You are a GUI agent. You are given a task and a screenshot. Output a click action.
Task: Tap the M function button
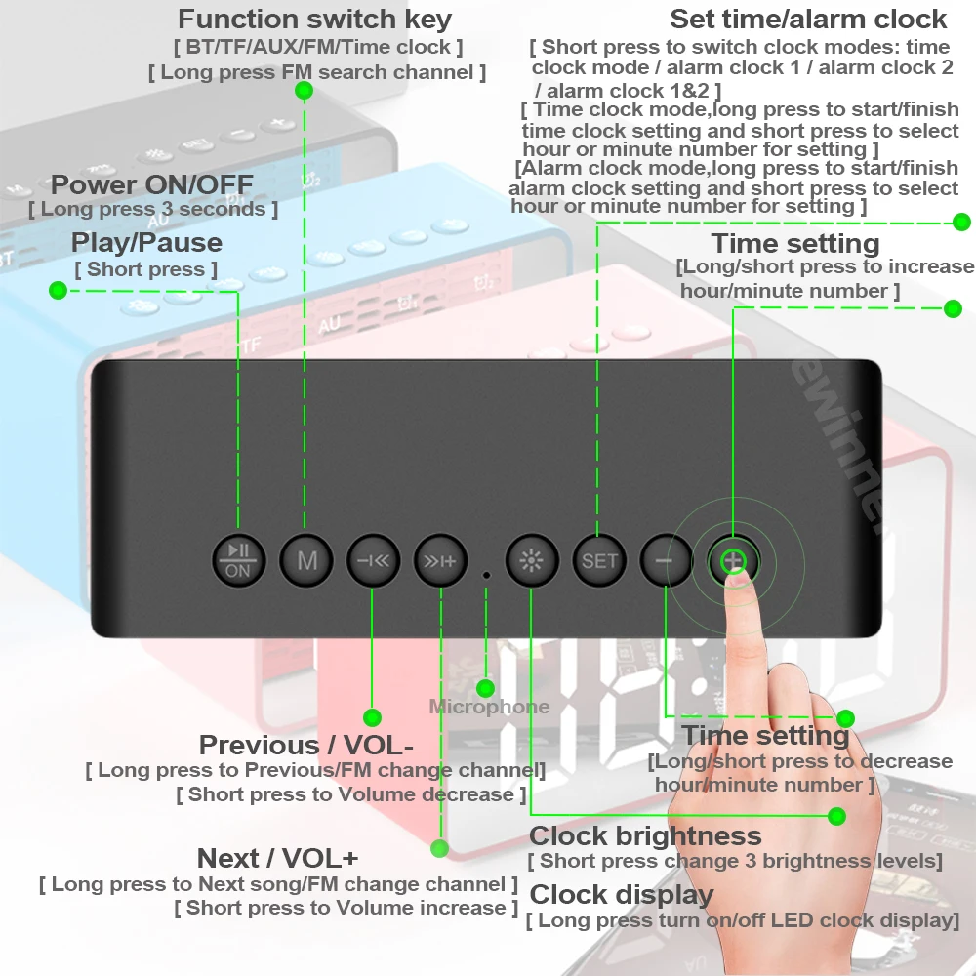coord(306,560)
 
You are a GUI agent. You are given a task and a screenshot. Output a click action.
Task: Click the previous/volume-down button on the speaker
coord(373,560)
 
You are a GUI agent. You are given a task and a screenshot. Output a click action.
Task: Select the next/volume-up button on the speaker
coord(440,560)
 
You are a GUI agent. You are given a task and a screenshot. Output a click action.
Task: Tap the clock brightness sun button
coord(531,560)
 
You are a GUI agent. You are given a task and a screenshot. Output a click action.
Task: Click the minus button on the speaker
coord(666,560)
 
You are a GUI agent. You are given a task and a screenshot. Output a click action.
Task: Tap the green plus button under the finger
coord(733,560)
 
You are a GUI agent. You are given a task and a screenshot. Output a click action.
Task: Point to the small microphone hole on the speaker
coord(486,575)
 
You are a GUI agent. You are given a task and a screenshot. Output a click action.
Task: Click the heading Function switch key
coord(314,19)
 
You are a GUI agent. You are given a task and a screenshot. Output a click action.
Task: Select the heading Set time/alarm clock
coord(807,19)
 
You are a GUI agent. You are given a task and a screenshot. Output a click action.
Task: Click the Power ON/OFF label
coord(151,184)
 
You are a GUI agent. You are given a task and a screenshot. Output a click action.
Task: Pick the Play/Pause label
coord(146,242)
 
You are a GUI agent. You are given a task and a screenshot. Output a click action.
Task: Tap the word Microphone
coord(489,707)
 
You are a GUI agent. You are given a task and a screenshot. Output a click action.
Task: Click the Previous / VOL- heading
coord(306,745)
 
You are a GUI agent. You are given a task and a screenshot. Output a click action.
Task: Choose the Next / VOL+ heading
coord(277,858)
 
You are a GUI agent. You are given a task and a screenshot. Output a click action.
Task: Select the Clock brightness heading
coord(644,835)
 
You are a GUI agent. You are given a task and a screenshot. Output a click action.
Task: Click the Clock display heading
coord(621,894)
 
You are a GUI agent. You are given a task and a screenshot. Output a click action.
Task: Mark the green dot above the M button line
coord(304,90)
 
